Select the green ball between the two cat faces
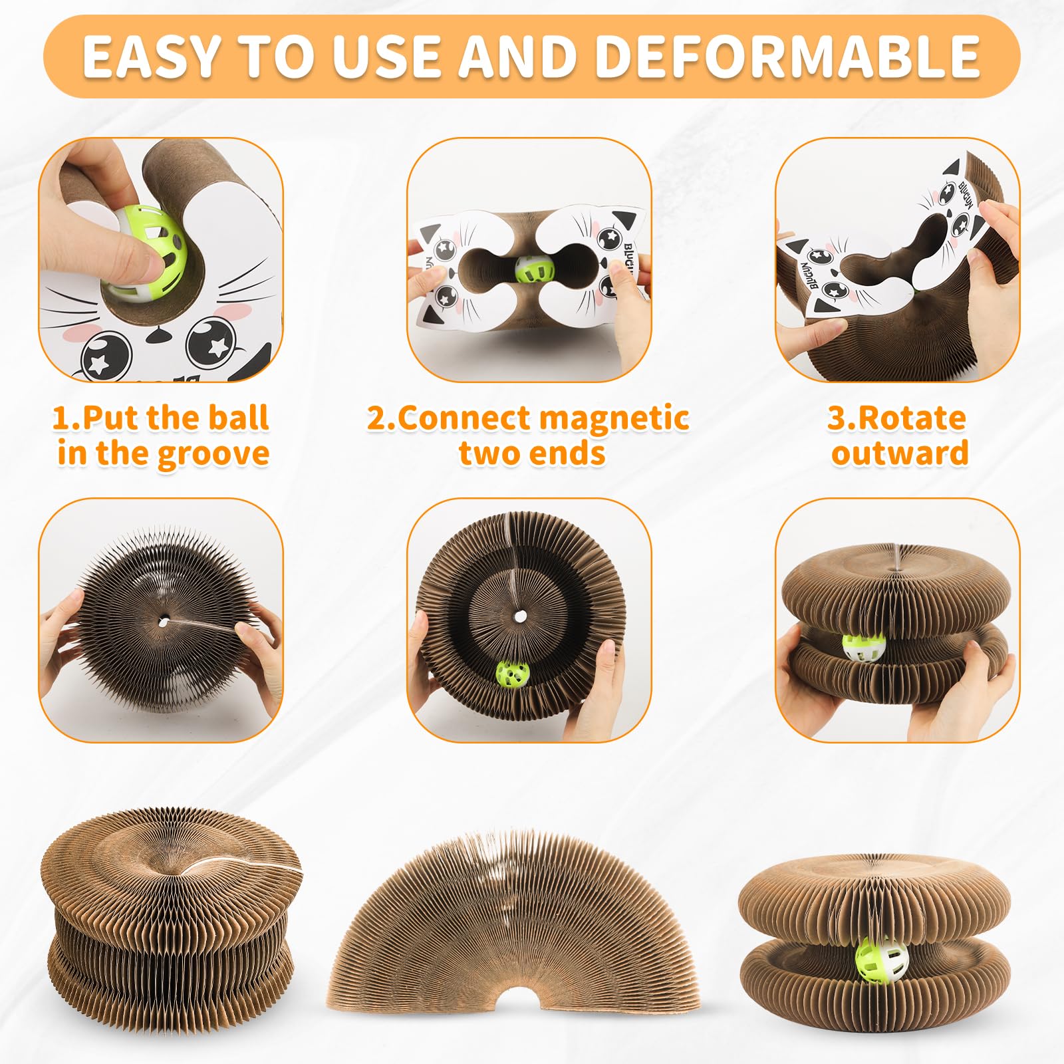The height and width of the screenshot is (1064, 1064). pos(535,269)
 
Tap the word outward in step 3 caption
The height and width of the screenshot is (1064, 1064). pos(900,453)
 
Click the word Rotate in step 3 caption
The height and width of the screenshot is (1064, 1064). pos(912,418)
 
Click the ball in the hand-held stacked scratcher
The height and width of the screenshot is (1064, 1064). pos(864,646)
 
